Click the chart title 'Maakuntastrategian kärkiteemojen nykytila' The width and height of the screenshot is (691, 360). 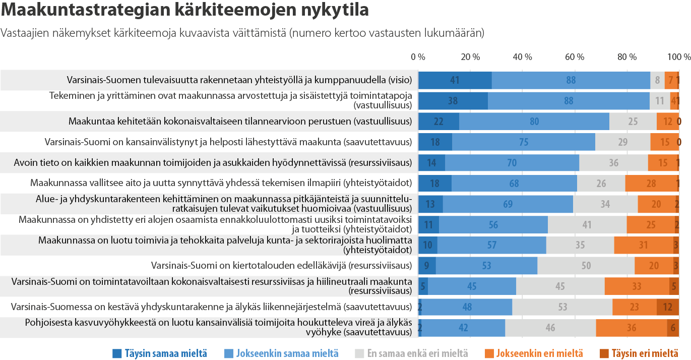(185, 10)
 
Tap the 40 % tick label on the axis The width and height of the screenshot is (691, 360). (522, 57)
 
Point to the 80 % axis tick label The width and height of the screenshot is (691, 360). (627, 57)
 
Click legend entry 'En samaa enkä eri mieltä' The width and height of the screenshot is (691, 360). (411, 353)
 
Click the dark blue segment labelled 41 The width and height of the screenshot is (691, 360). (455, 80)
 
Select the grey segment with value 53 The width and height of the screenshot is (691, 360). (562, 307)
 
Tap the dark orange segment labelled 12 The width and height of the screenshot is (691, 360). (667, 307)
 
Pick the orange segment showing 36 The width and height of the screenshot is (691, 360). (631, 327)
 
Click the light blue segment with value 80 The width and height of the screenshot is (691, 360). (534, 122)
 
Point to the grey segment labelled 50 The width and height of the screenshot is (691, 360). (586, 265)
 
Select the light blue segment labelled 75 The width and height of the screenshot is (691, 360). (523, 142)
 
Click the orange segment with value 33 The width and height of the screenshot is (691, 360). (637, 286)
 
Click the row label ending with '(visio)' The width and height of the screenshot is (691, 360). (239, 80)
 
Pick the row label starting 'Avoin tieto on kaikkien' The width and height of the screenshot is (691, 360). (213, 162)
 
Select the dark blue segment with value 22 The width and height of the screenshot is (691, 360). (438, 122)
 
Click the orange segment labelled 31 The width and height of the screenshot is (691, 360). (643, 245)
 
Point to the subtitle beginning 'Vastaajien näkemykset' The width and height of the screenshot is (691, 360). (242, 33)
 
